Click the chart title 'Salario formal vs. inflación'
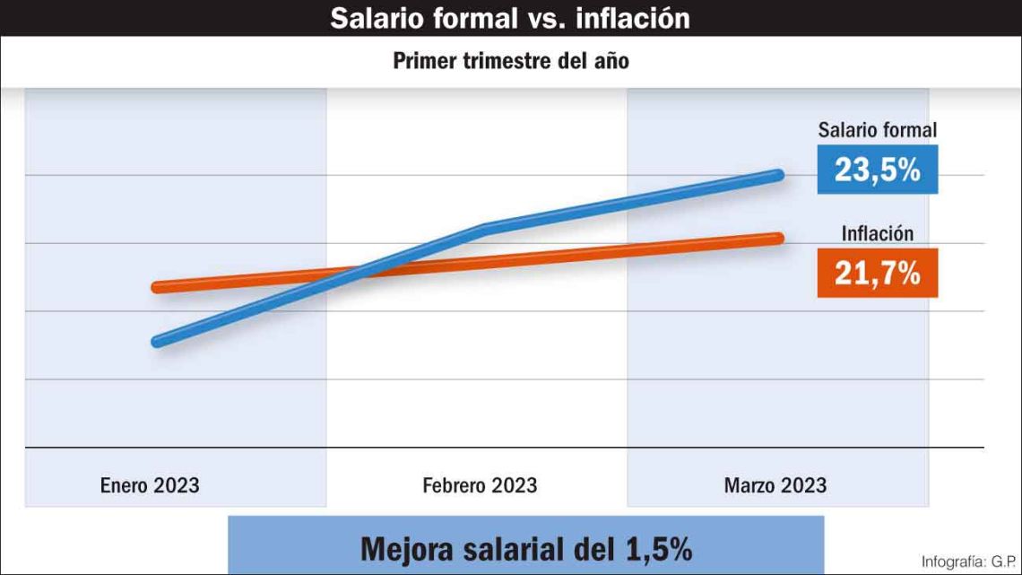510,18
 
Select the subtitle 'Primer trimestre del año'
510,61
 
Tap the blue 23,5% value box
877,170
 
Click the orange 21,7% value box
877,273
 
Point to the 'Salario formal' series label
877,131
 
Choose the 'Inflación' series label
877,233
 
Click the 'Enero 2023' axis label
150,486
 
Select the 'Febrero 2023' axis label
480,486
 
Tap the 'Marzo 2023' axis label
775,486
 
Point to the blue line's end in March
778,175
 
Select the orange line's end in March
778,238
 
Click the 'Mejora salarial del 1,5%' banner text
526,548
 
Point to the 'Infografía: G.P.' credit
966,561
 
